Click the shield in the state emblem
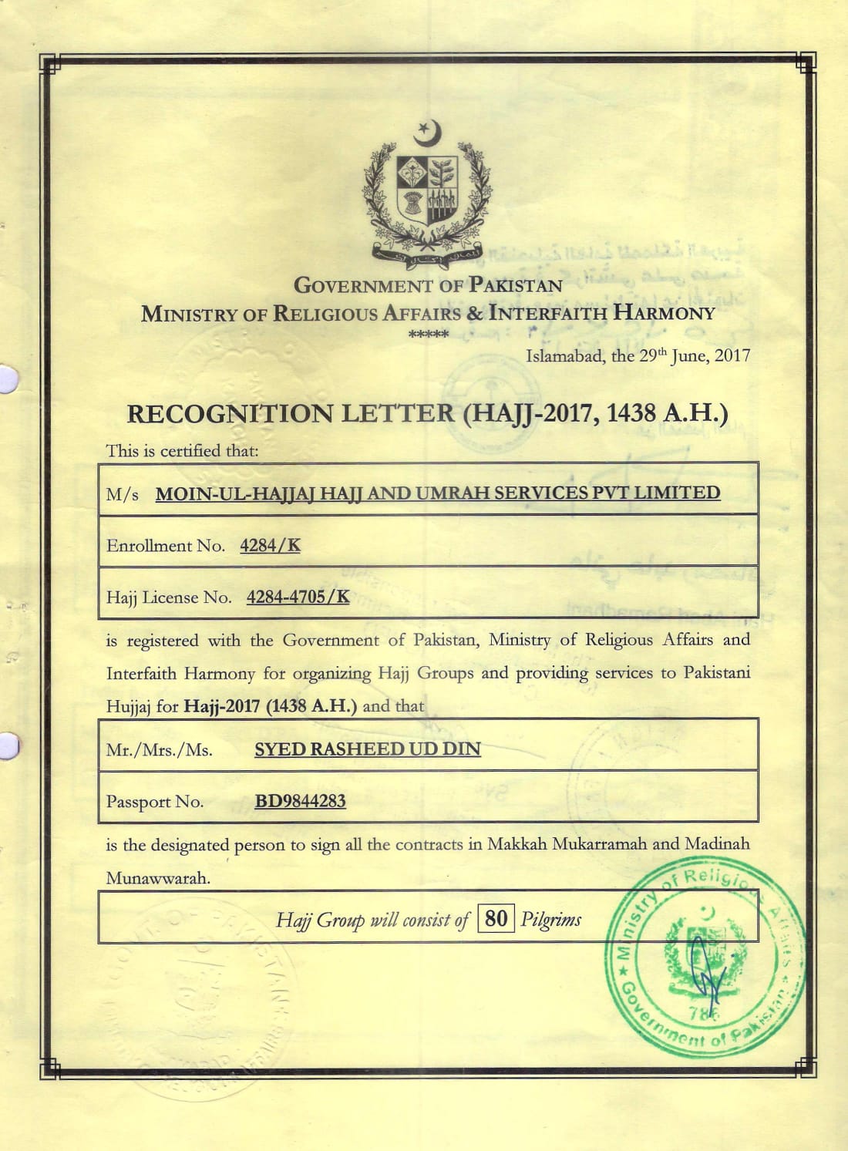426,188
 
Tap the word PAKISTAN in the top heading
516,285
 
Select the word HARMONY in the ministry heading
664,314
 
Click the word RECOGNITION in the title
230,414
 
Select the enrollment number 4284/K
270,546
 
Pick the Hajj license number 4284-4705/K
298,597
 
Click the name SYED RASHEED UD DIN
368,749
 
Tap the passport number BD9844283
300,801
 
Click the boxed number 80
496,918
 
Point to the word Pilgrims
550,919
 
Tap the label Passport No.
155,802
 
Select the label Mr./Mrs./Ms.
160,750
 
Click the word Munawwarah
158,878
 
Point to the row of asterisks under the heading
428,335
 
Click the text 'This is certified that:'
182,451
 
